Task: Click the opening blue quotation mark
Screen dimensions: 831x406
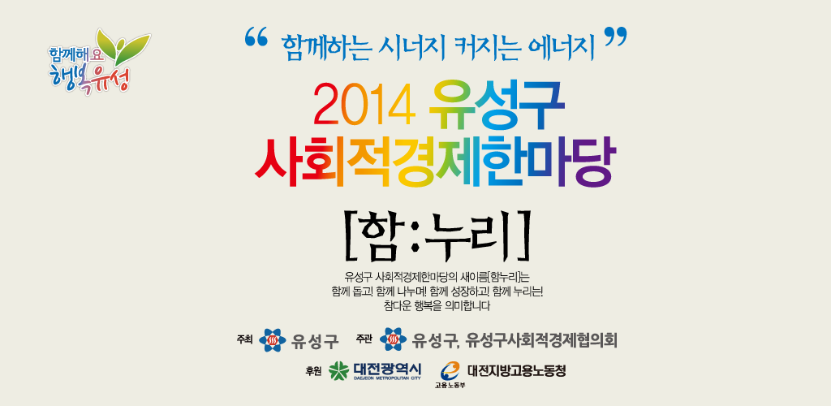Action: coord(256,37)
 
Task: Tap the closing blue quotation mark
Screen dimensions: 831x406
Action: coord(615,37)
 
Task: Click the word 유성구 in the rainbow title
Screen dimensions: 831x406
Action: coord(496,105)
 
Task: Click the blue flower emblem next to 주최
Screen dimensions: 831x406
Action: coord(273,339)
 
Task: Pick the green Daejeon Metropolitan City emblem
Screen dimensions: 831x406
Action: coord(338,370)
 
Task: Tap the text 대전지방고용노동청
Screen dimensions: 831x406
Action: coord(517,370)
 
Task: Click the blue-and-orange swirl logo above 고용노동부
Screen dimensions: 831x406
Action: coord(450,369)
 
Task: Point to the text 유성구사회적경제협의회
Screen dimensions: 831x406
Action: coord(541,340)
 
